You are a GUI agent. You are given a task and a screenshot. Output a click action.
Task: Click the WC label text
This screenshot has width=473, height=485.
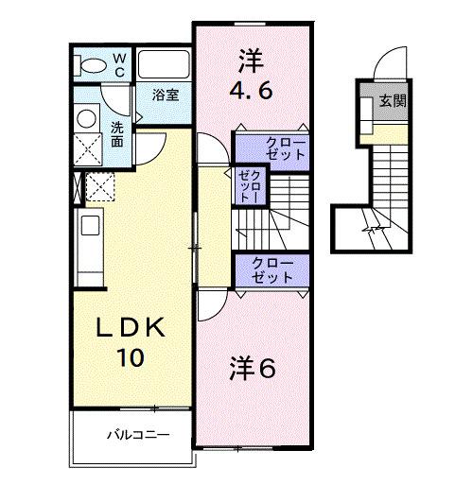point(120,64)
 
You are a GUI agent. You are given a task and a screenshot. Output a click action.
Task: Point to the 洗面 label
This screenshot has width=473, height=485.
point(116,134)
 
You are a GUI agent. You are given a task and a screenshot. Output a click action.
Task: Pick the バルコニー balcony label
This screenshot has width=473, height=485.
point(136,437)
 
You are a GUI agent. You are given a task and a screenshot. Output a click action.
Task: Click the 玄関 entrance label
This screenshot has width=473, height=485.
point(394,101)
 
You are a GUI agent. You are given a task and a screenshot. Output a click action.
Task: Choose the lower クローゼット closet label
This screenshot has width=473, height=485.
point(272,269)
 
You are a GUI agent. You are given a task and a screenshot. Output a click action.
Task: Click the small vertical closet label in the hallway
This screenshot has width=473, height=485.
point(247,185)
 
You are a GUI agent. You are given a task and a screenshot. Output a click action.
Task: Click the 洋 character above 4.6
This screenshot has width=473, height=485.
point(249,59)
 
